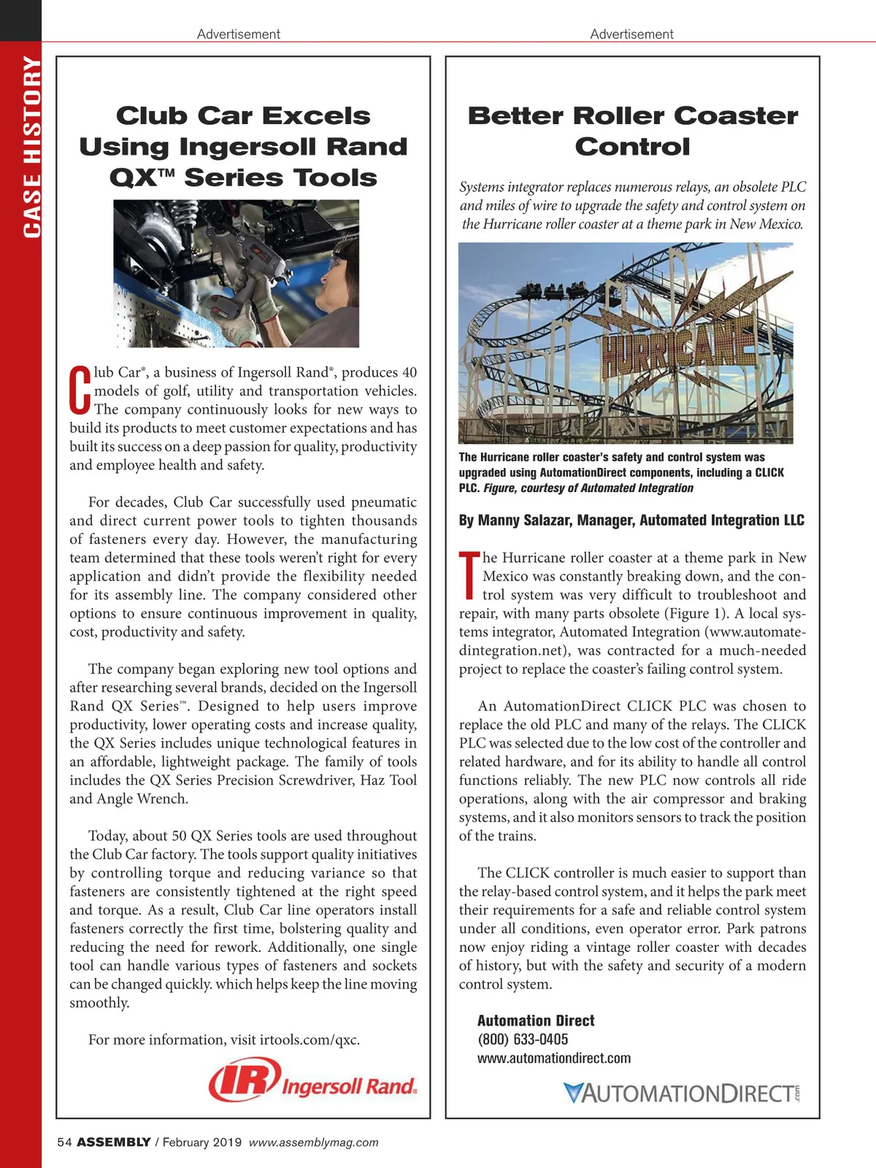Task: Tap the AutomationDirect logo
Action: point(682,1093)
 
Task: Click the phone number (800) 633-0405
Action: point(523,1040)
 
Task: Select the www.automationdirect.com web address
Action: point(554,1058)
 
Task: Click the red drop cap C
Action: point(80,391)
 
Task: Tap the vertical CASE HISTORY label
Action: point(31,146)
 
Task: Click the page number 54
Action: point(64,1142)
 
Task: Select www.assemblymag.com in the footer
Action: point(314,1142)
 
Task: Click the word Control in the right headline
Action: point(632,147)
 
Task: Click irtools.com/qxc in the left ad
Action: point(310,1040)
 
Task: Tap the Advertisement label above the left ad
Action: point(239,34)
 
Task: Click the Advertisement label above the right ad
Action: point(631,34)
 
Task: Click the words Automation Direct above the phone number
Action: point(536,1021)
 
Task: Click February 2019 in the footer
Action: point(201,1142)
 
